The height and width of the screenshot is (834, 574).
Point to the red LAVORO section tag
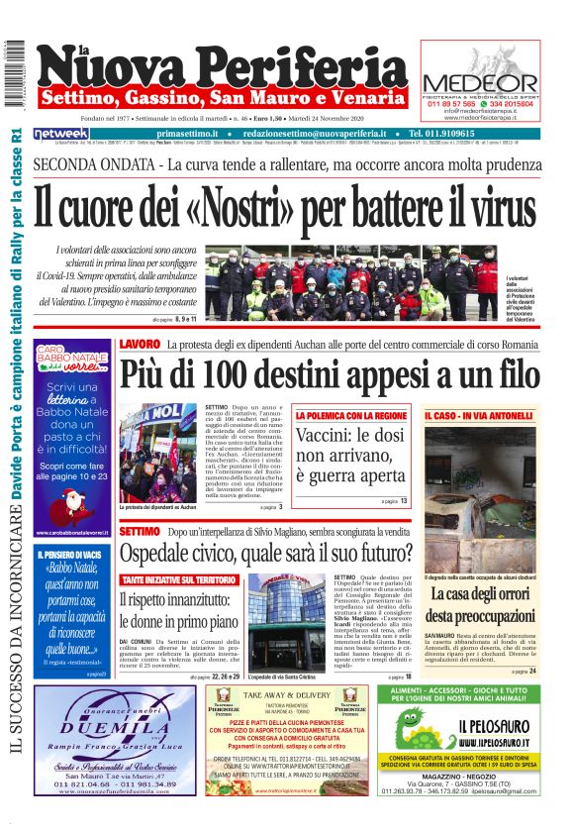[x=139, y=344]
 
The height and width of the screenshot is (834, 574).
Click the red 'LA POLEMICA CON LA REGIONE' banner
[x=350, y=416]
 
